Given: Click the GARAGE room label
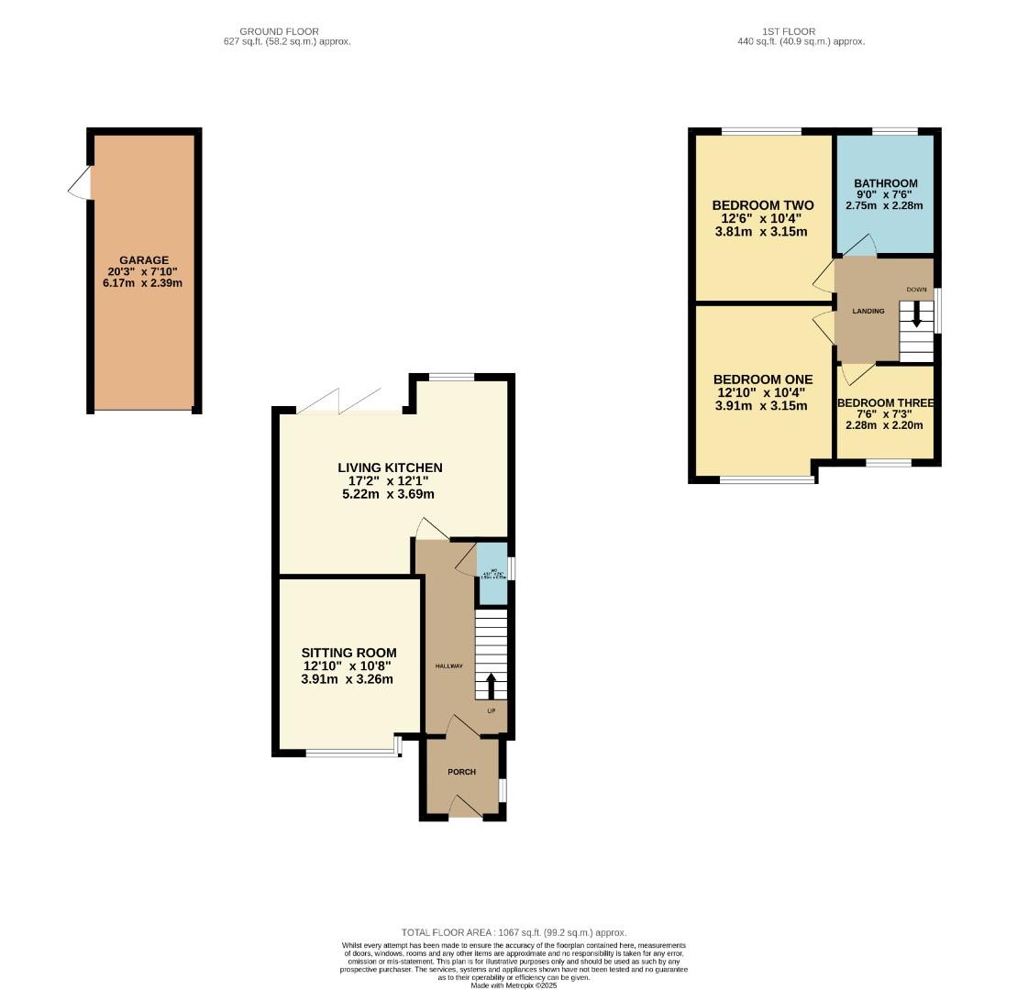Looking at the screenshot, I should tap(143, 260).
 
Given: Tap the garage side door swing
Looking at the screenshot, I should tap(81, 182).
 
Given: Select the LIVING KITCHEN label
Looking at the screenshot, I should tap(390, 468).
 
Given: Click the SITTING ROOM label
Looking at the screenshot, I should tap(349, 654).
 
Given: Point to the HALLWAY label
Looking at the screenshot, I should tap(448, 666).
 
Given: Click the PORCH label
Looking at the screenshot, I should tap(461, 772).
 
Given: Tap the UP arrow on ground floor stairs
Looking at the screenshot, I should tap(490, 686).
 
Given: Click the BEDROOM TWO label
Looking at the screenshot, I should tap(762, 205).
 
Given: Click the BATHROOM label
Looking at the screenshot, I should tap(885, 183).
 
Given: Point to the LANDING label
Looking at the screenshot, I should tap(868, 311).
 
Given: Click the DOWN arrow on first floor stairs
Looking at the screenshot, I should tap(915, 317).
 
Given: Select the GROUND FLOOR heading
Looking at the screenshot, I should tap(279, 31).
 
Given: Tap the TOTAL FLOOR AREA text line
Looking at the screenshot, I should tap(514, 932).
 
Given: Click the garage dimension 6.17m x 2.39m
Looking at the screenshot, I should tap(143, 283).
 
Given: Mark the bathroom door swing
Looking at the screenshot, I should tap(858, 245).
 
